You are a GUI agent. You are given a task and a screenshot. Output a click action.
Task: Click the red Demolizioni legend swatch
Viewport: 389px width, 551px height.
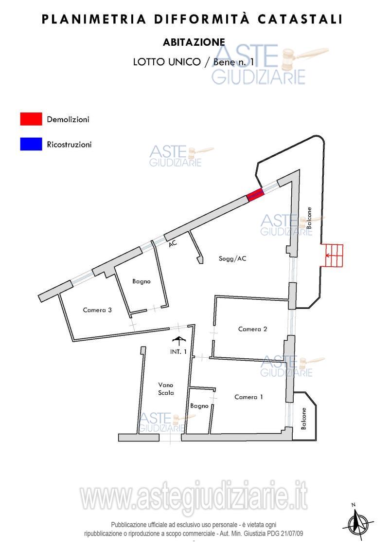coord(31,119)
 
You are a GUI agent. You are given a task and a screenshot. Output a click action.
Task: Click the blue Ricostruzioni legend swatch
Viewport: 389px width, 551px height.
coord(31,144)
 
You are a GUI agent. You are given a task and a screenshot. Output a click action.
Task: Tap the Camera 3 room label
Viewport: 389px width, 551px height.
coord(97,310)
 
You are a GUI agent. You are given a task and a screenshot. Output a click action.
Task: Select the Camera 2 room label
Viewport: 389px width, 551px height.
coord(252,329)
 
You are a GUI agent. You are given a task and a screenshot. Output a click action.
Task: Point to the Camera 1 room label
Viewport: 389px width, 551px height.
coord(248,397)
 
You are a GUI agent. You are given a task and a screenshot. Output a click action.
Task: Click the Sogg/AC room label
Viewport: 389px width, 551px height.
coord(232,258)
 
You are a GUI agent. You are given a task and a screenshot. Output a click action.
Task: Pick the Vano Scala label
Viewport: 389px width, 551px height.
coord(166,389)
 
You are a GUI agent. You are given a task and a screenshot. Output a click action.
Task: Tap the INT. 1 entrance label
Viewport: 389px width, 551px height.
coord(178,351)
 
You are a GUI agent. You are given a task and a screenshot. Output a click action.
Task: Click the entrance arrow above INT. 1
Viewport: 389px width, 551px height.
coord(179,341)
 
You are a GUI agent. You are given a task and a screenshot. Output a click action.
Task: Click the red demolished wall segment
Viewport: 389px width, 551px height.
coord(255,195)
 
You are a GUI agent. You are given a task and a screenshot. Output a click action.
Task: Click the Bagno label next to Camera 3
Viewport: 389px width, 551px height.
coord(141,281)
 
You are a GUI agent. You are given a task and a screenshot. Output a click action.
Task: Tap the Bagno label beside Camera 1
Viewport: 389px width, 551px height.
coord(199,406)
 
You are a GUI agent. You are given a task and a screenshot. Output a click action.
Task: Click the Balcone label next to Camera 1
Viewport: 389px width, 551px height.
coord(304,419)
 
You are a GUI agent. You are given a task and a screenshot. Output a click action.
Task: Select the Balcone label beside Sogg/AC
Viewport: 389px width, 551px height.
coord(309,218)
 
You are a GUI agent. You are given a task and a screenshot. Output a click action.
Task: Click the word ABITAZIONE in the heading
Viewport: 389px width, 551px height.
coord(194,42)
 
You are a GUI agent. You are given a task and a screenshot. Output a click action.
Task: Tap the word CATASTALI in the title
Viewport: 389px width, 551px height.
coord(300,19)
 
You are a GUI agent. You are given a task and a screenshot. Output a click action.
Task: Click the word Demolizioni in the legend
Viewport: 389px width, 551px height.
coord(68,119)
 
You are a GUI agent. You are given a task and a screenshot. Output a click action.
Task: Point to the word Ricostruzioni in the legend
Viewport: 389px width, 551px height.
coord(69,145)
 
